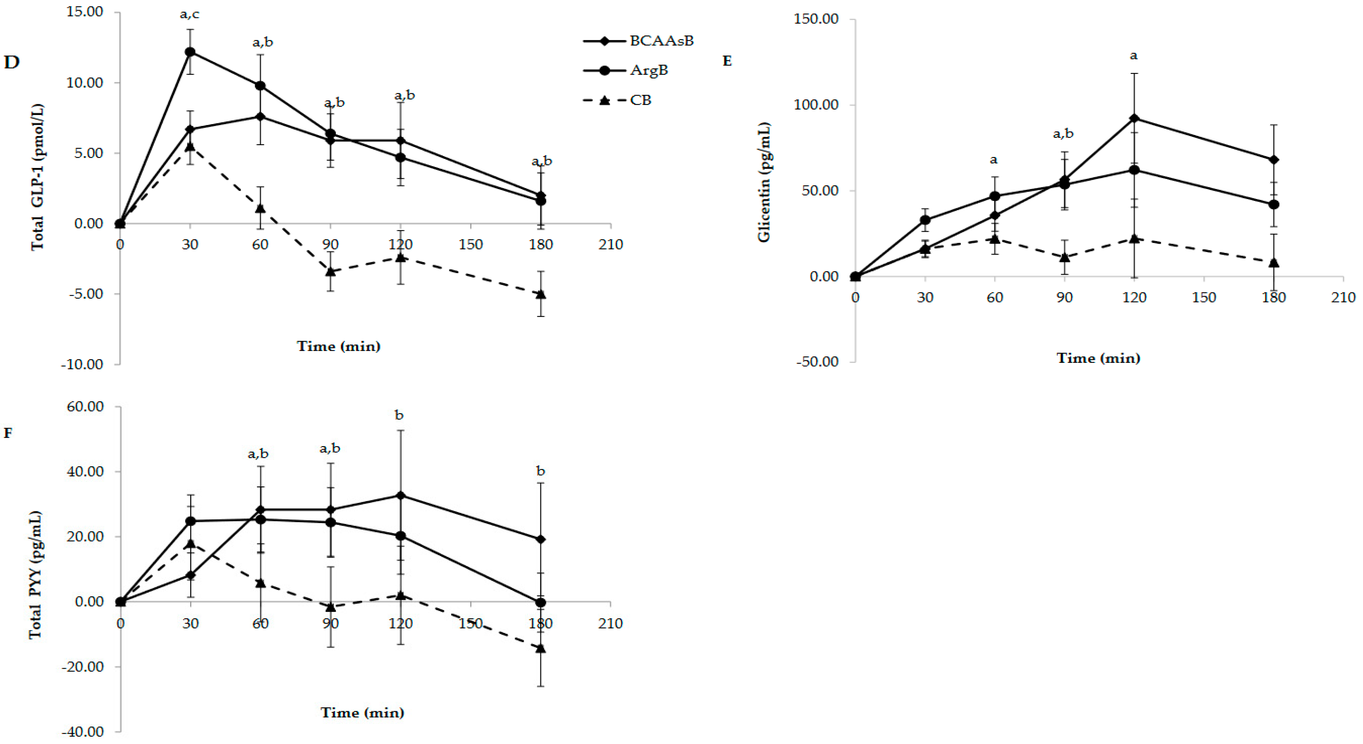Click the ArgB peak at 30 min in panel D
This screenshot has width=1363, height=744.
pos(190,52)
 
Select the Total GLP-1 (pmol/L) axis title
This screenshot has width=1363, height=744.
pos(37,177)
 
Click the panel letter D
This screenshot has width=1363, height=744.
pos(12,62)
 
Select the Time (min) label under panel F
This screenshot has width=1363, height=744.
pos(362,713)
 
